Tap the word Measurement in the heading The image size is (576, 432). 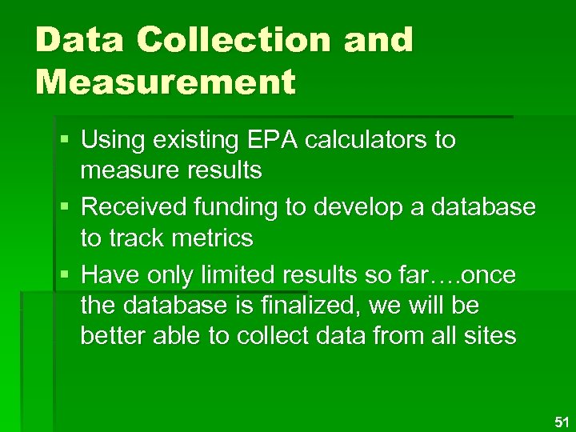(166, 81)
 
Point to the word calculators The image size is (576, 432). (386, 140)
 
